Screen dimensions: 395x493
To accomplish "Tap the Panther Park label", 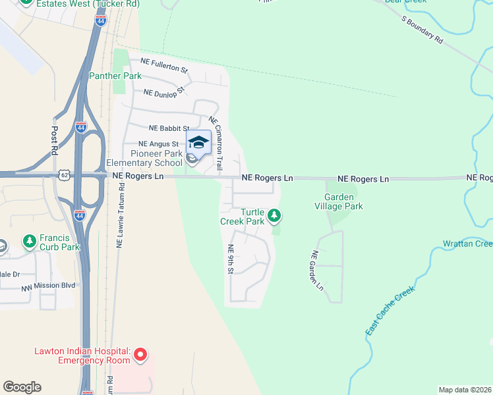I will click(x=115, y=76).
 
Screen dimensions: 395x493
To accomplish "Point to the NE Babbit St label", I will click(x=169, y=128).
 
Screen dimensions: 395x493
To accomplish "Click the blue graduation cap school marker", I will click(x=199, y=142).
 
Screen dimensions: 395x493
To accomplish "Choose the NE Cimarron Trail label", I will click(x=218, y=134).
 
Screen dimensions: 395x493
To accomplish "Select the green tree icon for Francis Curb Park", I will click(x=29, y=242).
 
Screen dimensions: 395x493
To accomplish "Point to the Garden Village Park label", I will click(x=344, y=201).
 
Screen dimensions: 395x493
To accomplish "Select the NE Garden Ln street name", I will click(x=317, y=271).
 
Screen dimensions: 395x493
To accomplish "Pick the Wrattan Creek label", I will click(x=467, y=244).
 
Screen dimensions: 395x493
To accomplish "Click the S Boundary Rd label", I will click(x=422, y=30).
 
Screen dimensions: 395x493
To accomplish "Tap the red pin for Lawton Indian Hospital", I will click(x=140, y=356).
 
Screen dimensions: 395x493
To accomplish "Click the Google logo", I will click(x=22, y=387).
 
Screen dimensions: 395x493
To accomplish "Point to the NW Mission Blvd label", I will click(x=48, y=285).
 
